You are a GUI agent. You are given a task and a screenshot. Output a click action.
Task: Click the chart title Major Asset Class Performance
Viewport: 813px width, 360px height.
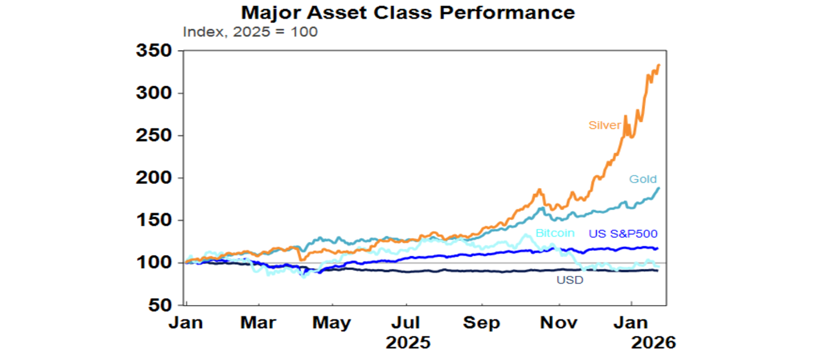pyautogui.click(x=408, y=12)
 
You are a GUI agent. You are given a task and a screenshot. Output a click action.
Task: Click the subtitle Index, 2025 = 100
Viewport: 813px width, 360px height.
pyautogui.click(x=250, y=32)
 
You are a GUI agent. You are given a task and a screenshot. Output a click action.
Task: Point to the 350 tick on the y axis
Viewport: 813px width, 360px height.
pyautogui.click(x=154, y=51)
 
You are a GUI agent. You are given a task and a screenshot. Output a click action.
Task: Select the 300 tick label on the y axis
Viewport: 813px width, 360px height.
pyautogui.click(x=154, y=94)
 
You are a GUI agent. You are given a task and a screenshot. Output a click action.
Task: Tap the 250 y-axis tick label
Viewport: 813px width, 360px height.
pyautogui.click(x=154, y=136)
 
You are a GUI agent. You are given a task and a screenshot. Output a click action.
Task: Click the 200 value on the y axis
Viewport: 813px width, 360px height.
pyautogui.click(x=154, y=178)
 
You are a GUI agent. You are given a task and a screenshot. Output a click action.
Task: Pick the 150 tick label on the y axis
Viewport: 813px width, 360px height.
pyautogui.click(x=154, y=221)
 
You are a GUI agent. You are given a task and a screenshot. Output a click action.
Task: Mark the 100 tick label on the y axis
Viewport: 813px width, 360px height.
pyautogui.click(x=154, y=263)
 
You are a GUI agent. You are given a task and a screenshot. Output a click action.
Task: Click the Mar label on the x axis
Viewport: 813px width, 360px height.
pyautogui.click(x=258, y=323)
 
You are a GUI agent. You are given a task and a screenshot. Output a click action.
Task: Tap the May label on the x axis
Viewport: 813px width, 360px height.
pyautogui.click(x=332, y=323)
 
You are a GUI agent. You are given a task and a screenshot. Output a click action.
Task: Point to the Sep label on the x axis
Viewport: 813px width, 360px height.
pyautogui.click(x=482, y=323)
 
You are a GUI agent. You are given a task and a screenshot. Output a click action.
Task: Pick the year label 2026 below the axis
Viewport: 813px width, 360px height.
pyautogui.click(x=654, y=343)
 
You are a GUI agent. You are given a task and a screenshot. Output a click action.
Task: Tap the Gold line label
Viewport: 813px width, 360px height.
pyautogui.click(x=643, y=179)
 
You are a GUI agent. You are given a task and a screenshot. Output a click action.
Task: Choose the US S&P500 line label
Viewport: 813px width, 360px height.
pyautogui.click(x=623, y=233)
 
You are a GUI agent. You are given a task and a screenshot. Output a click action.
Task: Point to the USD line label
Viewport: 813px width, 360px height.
pyautogui.click(x=570, y=280)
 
